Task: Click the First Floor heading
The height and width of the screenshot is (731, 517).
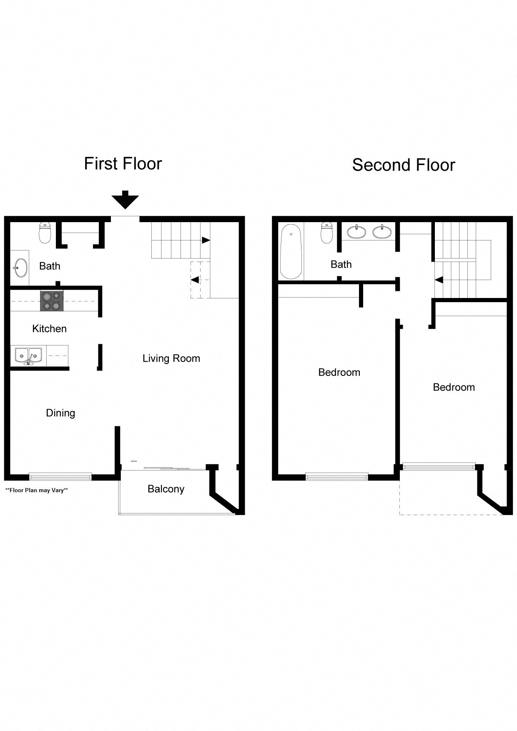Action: (x=123, y=164)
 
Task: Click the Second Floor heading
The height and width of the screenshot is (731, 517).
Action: (x=403, y=165)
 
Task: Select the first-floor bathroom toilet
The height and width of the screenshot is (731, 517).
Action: (x=45, y=233)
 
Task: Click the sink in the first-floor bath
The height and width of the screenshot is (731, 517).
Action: (x=20, y=268)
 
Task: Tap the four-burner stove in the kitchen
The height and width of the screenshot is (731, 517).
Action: (x=52, y=301)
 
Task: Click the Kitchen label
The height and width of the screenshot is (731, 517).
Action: (x=49, y=329)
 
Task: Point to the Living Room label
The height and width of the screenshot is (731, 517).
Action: (x=171, y=358)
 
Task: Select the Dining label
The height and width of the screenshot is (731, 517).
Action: (x=60, y=413)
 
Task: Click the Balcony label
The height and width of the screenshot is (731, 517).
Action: (x=166, y=489)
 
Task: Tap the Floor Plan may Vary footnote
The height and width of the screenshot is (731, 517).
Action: (x=37, y=490)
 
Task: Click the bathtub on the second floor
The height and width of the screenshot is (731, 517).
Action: (x=291, y=251)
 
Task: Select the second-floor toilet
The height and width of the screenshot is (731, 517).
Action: (x=326, y=233)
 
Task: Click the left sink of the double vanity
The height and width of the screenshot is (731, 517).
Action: (x=356, y=231)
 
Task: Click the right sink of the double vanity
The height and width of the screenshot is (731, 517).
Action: (x=382, y=231)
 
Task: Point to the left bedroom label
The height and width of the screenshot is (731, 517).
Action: (x=339, y=372)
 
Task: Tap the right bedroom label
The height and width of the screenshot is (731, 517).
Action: (x=454, y=387)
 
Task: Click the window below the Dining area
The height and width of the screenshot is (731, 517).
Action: (x=60, y=476)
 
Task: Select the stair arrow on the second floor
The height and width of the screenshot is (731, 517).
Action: (x=439, y=280)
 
